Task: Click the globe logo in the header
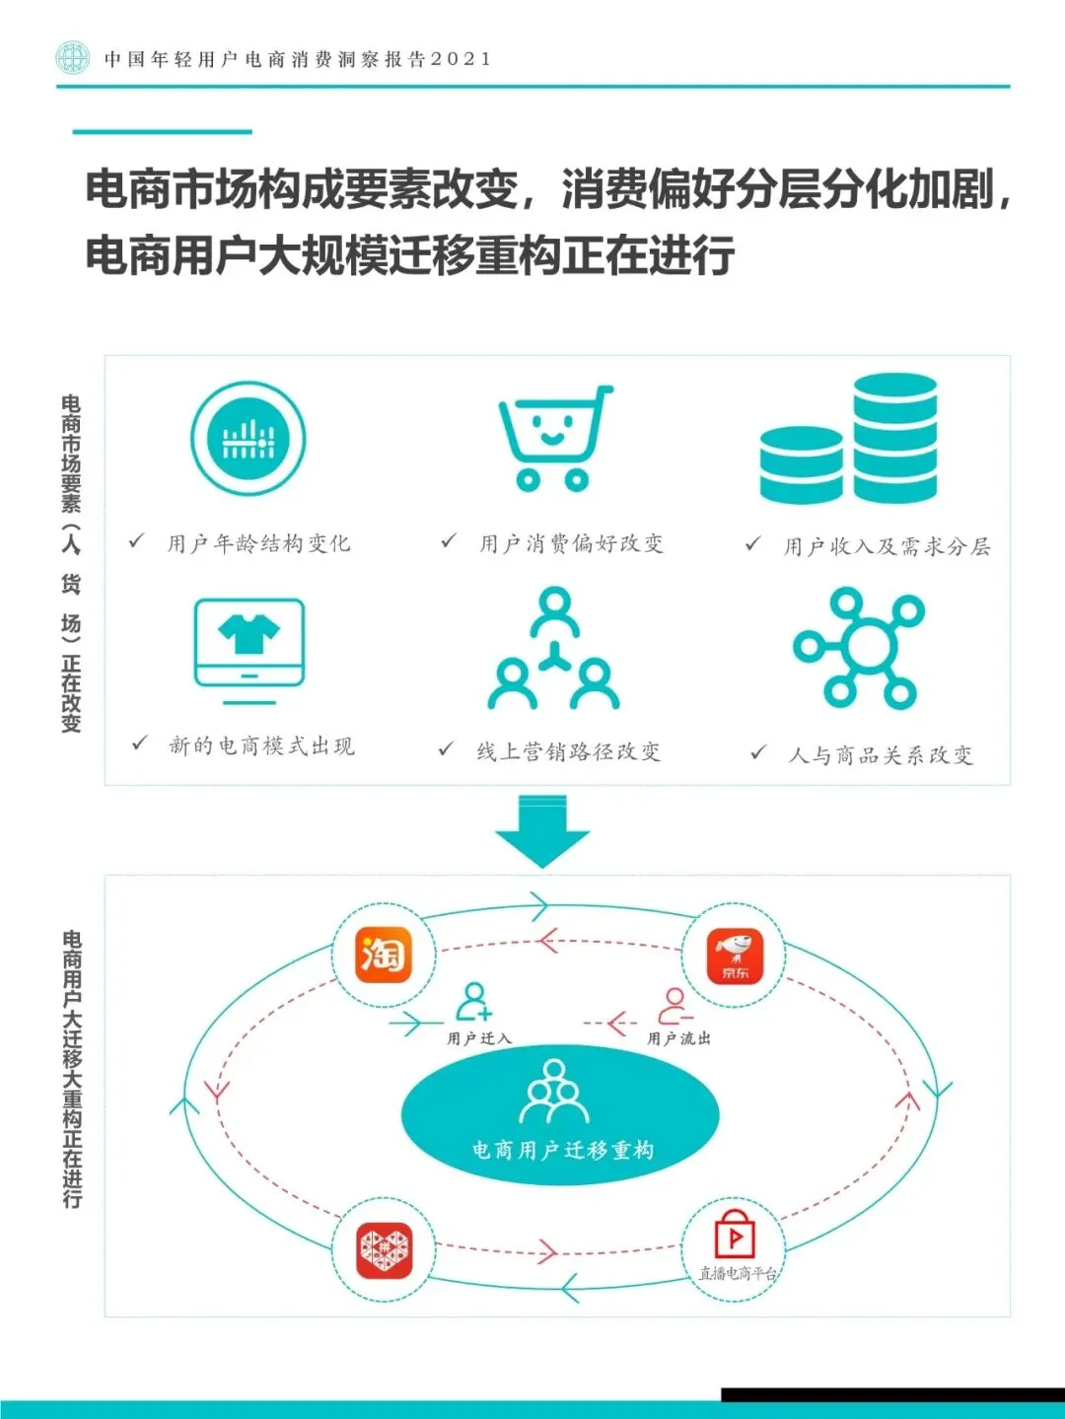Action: tap(72, 57)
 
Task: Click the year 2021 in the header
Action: tap(461, 59)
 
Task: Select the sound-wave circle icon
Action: tap(248, 439)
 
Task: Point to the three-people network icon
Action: tap(554, 650)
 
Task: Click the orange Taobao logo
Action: tap(383, 955)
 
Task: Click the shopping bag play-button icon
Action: tap(735, 1235)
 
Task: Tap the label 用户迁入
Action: tap(479, 1038)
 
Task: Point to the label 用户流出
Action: tap(678, 1038)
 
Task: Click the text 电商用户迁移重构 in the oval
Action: tap(562, 1150)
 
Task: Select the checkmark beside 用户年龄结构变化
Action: tap(137, 541)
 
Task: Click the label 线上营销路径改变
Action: tap(568, 752)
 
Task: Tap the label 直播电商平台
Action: tap(738, 1274)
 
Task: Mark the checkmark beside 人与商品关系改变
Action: tap(757, 753)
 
